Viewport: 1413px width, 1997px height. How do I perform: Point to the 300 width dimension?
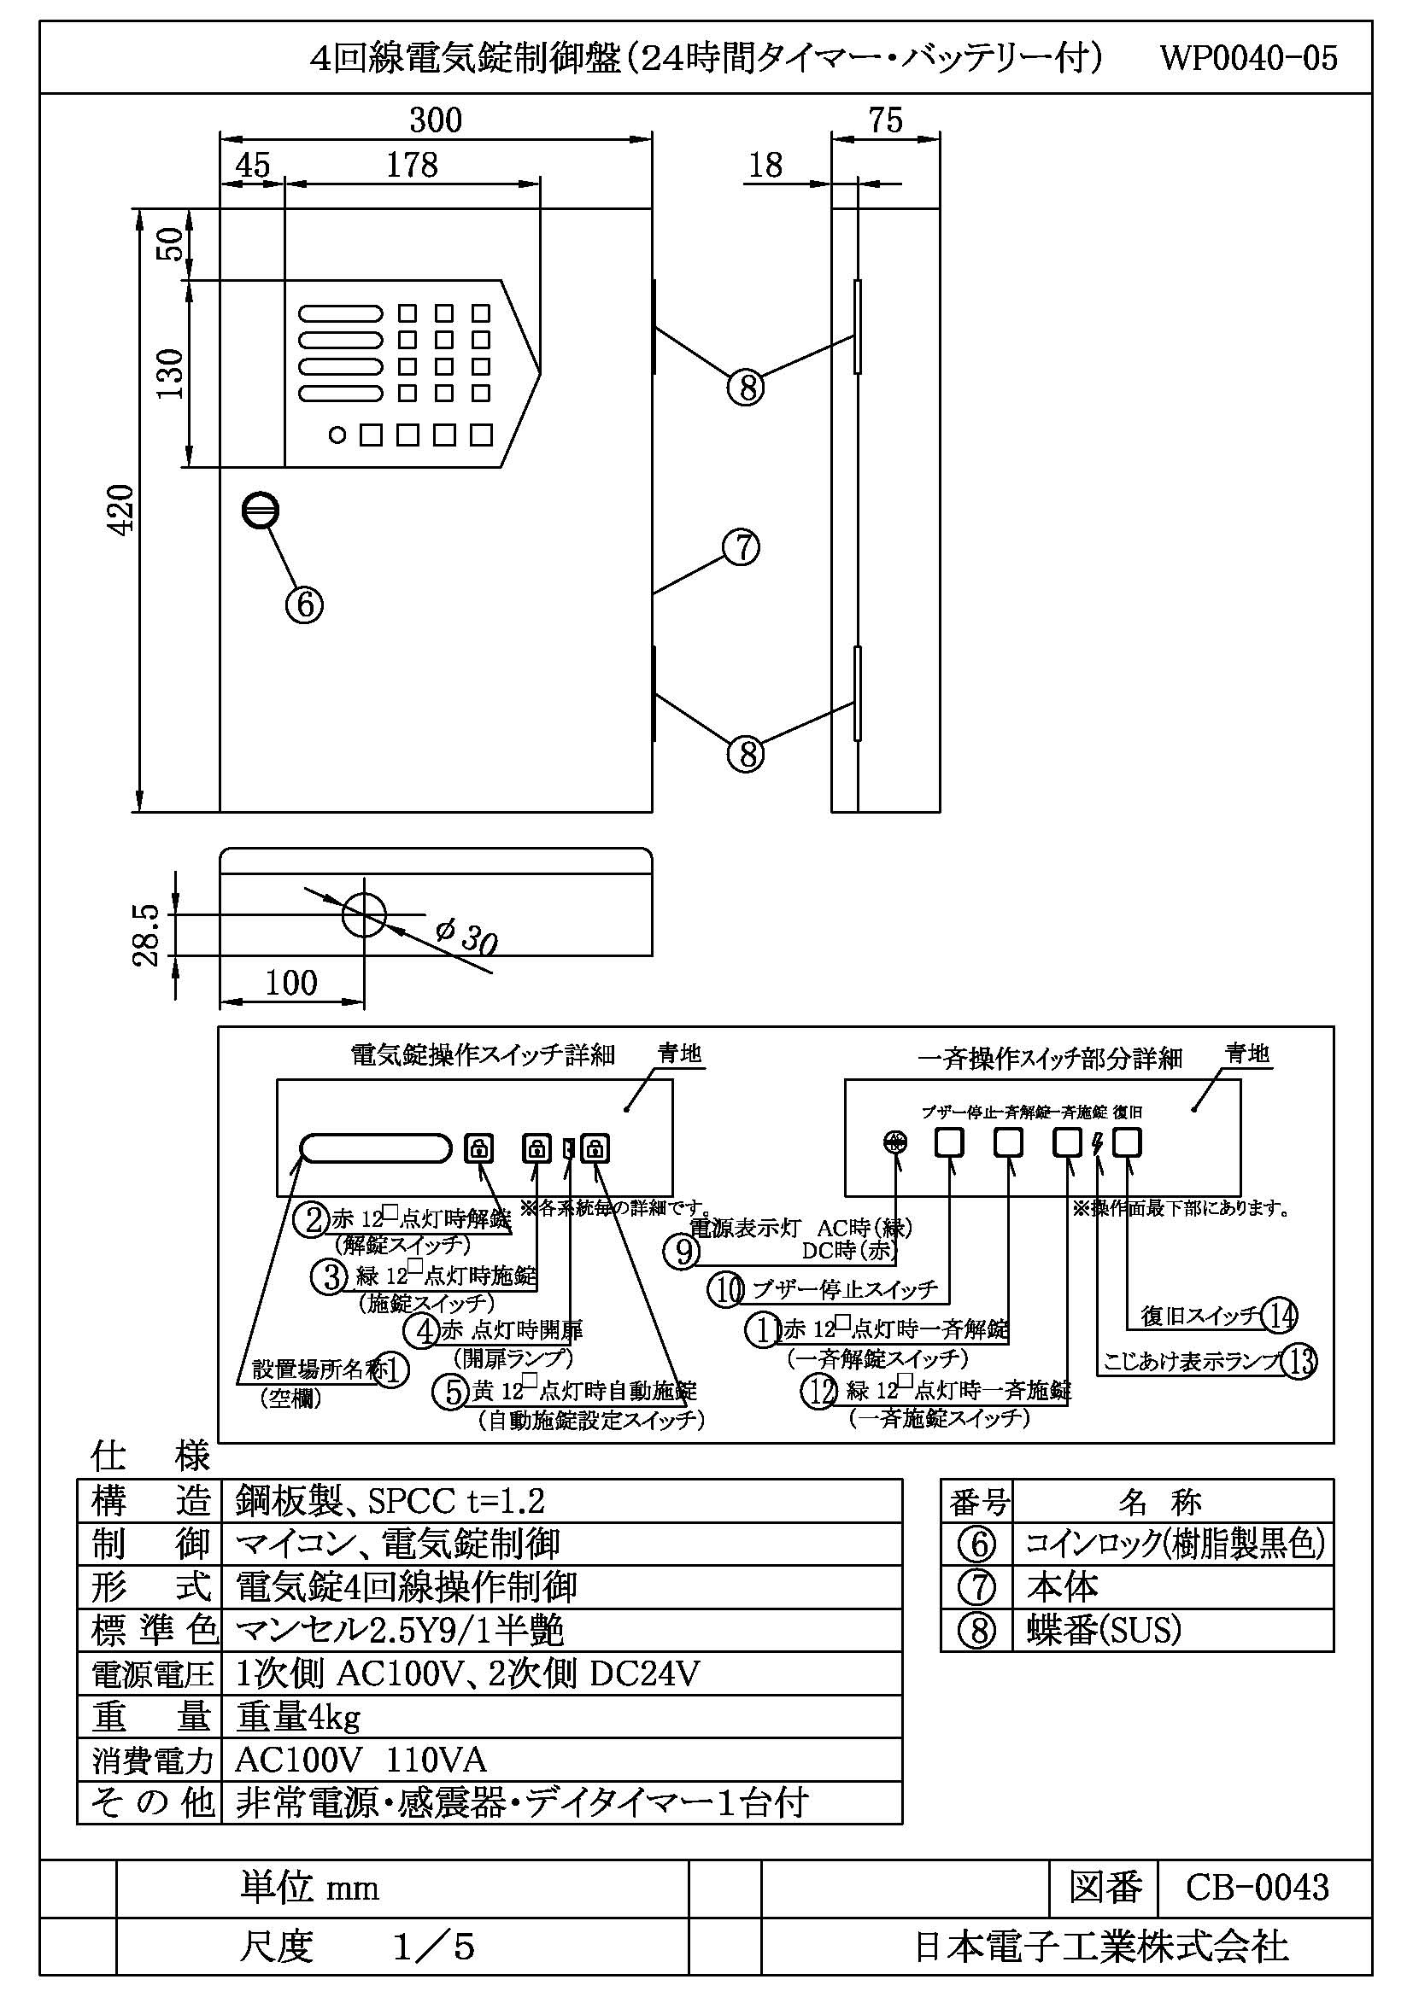coord(435,120)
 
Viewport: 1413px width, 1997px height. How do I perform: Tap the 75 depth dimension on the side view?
coord(886,120)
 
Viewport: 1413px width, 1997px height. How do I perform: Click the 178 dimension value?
coord(412,166)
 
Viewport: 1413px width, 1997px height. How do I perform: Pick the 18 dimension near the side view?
coord(765,166)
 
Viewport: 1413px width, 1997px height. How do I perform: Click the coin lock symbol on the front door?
coord(261,511)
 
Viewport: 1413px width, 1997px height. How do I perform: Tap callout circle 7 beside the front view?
coord(742,548)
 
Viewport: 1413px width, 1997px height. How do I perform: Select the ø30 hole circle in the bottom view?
coord(364,914)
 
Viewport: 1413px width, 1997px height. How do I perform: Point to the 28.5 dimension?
coord(147,935)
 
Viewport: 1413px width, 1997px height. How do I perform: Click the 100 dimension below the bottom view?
coord(290,983)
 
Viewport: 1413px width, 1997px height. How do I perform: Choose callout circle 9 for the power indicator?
coord(681,1252)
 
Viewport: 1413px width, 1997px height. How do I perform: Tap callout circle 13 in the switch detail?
coord(1299,1361)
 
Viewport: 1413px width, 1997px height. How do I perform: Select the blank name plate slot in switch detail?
coord(376,1148)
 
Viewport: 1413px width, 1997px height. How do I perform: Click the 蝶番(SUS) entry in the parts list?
coord(1103,1630)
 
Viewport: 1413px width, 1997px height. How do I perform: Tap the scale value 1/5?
coord(433,1947)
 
